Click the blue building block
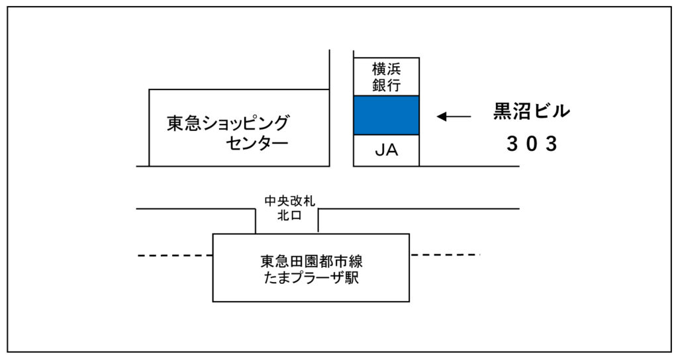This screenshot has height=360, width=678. [x=386, y=115]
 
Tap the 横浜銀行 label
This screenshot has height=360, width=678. [x=386, y=77]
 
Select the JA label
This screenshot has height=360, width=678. [x=386, y=150]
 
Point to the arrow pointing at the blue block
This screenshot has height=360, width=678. [x=454, y=116]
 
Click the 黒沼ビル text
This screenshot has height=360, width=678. [x=532, y=111]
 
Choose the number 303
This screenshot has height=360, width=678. [x=532, y=144]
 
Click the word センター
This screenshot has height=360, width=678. [x=257, y=143]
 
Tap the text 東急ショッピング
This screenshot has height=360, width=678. [x=228, y=123]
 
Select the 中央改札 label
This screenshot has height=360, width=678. [x=290, y=201]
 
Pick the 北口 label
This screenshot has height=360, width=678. [x=290, y=215]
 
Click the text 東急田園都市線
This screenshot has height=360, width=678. [x=311, y=261]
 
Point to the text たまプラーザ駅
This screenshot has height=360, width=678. [x=311, y=277]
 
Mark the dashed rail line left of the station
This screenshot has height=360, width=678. [x=175, y=256]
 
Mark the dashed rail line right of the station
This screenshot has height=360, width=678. [x=446, y=255]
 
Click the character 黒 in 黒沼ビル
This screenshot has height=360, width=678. [x=503, y=111]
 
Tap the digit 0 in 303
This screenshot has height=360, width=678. [x=532, y=144]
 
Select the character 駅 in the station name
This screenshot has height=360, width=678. [x=352, y=277]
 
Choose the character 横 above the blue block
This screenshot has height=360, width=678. [x=379, y=69]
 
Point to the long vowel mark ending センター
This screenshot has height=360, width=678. [x=280, y=143]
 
